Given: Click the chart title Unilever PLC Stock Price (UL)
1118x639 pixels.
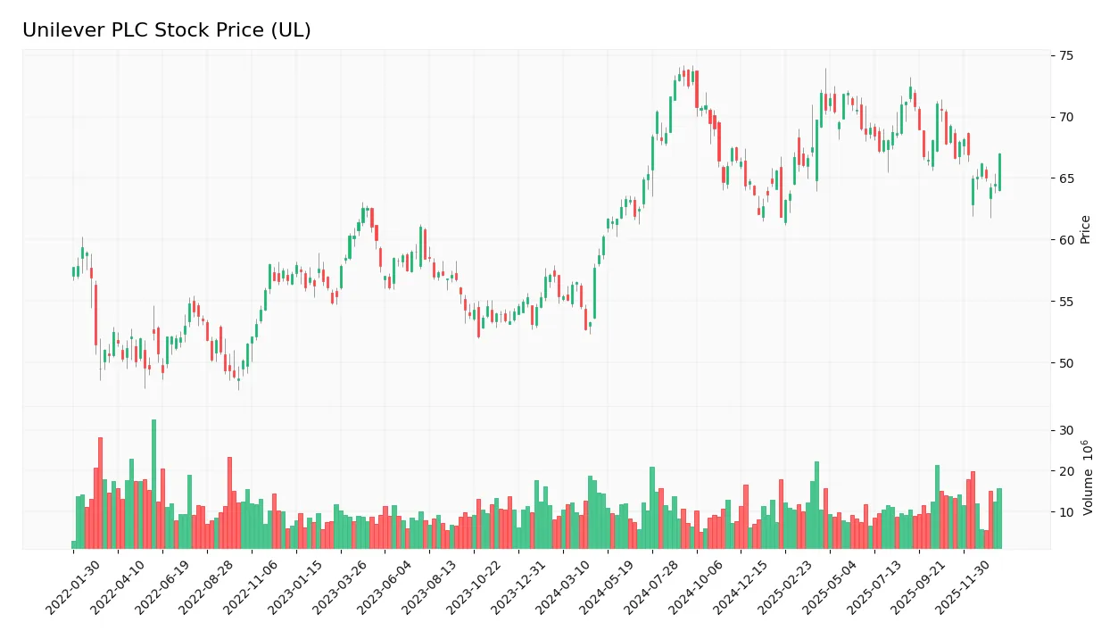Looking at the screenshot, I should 166,30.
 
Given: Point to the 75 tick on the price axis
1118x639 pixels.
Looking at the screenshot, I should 1066,55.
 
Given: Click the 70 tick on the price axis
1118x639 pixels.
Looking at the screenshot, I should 1066,117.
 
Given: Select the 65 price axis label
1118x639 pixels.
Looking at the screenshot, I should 1066,178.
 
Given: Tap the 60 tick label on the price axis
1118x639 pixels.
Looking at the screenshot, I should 1066,240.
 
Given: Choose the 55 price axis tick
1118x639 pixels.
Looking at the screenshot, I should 1066,302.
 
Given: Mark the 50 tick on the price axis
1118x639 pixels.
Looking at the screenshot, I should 1066,363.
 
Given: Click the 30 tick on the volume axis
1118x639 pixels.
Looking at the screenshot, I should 1066,430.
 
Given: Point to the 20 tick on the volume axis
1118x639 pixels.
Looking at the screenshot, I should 1066,471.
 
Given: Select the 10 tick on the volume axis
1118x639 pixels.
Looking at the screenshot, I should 1066,512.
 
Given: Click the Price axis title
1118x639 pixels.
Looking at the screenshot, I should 1086,229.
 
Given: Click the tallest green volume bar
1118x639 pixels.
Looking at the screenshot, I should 153,485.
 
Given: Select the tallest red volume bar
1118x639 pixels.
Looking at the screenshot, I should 100,494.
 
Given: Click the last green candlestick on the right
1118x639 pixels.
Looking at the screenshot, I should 999,172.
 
